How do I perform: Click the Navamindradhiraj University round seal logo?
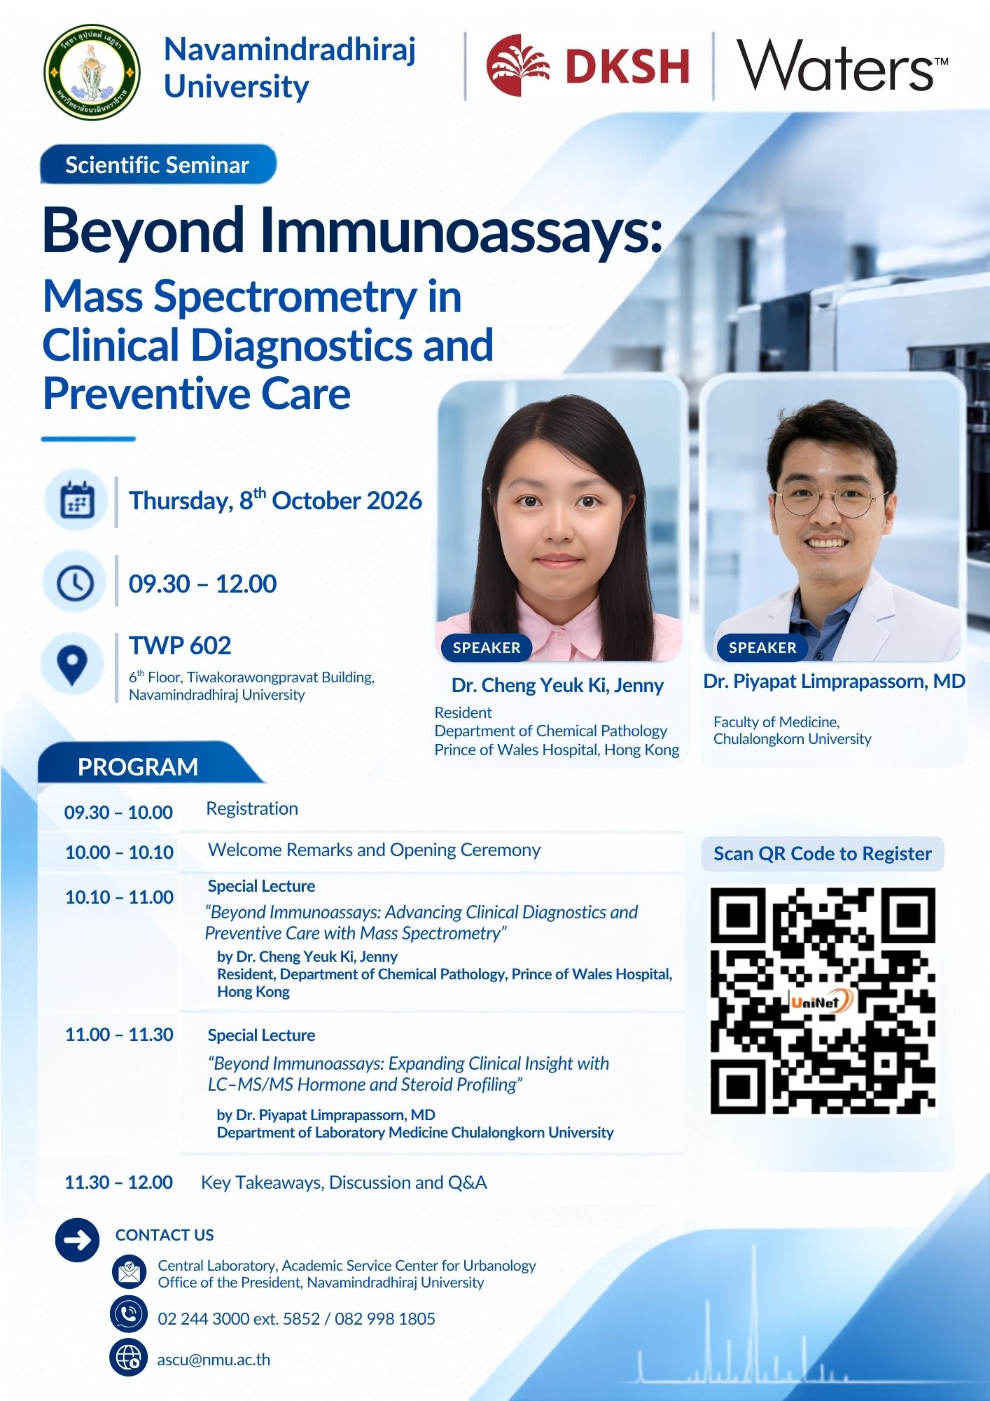92,72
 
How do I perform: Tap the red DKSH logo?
588,65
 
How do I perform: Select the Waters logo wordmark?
842,65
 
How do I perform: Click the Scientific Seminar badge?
158,165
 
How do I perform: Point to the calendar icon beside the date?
77,500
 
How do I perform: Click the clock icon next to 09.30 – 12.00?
76,583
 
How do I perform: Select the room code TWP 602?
180,645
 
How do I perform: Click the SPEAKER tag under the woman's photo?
487,648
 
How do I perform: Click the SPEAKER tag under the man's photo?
762,648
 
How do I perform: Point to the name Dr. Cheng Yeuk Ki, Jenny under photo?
557,685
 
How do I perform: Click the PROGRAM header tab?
138,766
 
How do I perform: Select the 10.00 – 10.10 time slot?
119,852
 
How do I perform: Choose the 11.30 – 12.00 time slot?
118,1182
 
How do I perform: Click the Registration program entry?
252,808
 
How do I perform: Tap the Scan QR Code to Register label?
823,853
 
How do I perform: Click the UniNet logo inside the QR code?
821,1002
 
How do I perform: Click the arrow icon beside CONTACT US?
77,1240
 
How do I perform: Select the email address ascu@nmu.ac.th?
214,1360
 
